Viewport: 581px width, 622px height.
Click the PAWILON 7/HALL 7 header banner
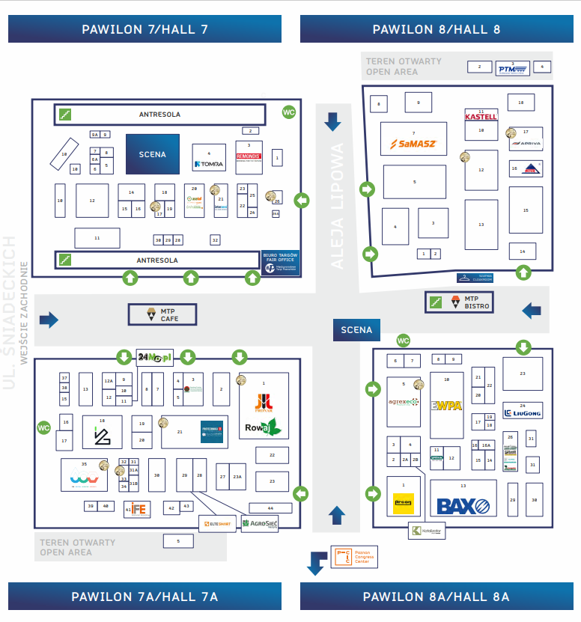[x=145, y=29]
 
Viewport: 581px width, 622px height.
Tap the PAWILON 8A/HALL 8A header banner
[x=436, y=597]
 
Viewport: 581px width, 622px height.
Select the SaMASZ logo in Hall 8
[x=413, y=143]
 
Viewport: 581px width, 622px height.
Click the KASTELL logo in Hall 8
[x=481, y=116]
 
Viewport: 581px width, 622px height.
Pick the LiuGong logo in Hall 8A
[x=523, y=412]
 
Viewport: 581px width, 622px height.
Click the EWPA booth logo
[x=446, y=406]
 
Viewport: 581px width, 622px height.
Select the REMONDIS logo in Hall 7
[x=249, y=157]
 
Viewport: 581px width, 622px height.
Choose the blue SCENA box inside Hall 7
[x=152, y=154]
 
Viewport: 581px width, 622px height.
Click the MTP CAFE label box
[x=162, y=314]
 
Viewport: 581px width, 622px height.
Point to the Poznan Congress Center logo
[x=352, y=557]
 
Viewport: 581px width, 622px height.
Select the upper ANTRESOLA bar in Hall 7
[x=159, y=115]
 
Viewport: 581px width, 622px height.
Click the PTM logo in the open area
[x=513, y=68]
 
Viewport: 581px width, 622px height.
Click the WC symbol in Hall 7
[x=289, y=112]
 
